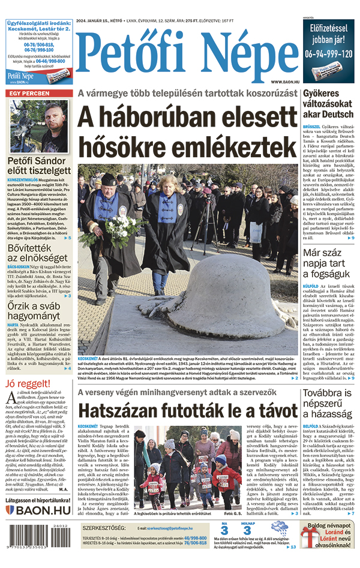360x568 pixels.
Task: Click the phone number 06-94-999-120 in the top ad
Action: [328, 53]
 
